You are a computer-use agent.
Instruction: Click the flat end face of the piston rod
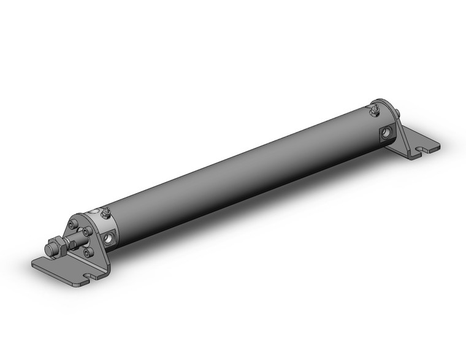point(50,250)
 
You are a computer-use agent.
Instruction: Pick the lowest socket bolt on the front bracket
point(86,250)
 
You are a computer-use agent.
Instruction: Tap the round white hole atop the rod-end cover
point(94,212)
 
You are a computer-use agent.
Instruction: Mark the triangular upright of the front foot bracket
point(101,251)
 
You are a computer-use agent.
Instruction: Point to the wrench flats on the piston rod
point(72,242)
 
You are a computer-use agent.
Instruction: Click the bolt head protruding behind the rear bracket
point(399,112)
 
